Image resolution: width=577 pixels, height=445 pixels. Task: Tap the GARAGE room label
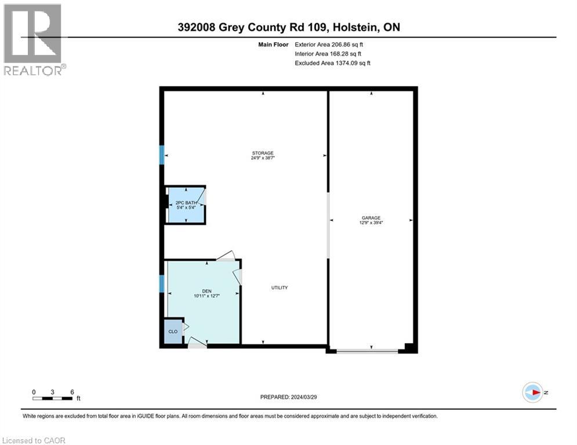pyautogui.click(x=371, y=218)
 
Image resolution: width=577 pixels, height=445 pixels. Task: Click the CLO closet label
pyautogui.click(x=172, y=332)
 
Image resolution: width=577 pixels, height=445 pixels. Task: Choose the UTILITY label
pyautogui.click(x=280, y=287)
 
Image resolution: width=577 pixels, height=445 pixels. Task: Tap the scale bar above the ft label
pyautogui.click(x=53, y=398)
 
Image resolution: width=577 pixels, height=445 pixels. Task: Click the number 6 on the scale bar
pyautogui.click(x=72, y=392)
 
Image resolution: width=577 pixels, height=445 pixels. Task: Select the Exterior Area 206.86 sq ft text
pyautogui.click(x=329, y=44)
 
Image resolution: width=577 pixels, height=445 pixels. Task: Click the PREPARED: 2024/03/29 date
pyautogui.click(x=289, y=397)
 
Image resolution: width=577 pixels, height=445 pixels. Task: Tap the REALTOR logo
pyautogui.click(x=34, y=39)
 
